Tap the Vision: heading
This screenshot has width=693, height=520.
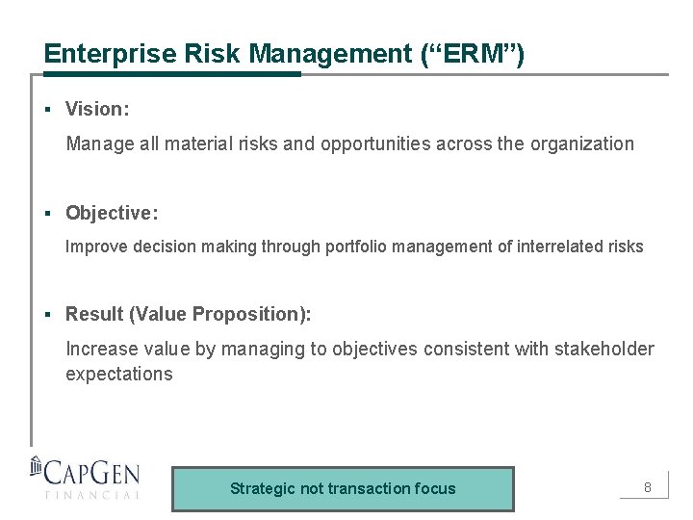pos(97,110)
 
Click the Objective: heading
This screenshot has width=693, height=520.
pos(112,212)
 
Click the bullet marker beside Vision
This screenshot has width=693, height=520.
pos(46,110)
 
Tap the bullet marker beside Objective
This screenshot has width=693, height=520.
pos(46,212)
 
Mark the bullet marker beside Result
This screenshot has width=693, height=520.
pos(46,314)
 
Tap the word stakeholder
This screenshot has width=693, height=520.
pos(603,349)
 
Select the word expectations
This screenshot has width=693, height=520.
pos(119,375)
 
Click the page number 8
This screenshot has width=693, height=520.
pos(648,487)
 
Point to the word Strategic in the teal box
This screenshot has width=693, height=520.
pos(263,488)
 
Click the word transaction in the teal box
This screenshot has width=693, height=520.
pos(365,488)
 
